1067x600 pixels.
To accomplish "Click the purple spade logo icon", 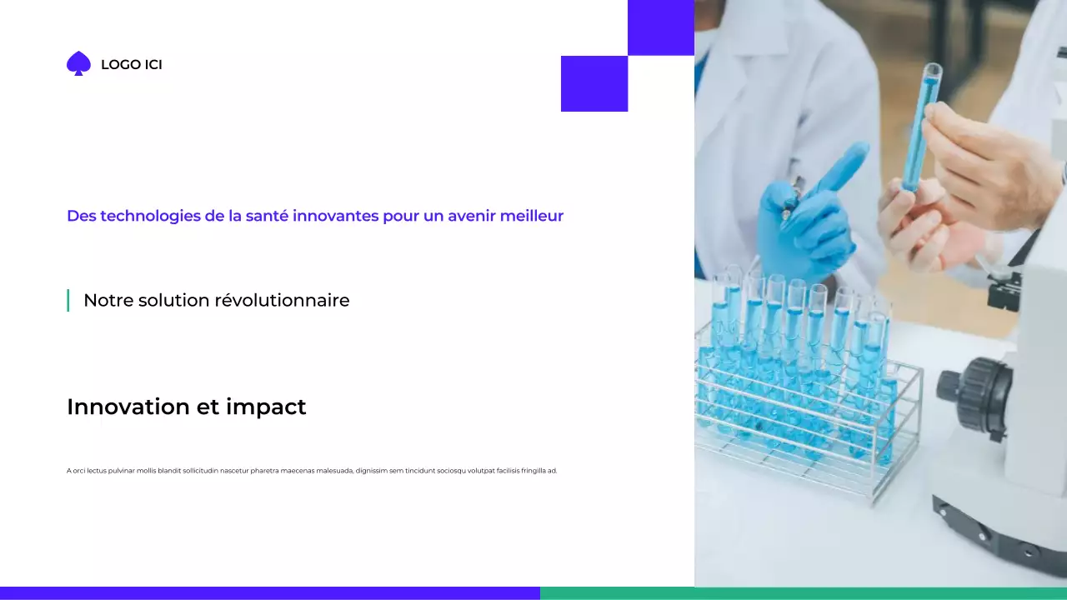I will pos(78,63).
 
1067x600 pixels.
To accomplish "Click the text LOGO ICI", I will pos(131,65).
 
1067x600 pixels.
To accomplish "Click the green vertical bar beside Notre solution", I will pos(68,300).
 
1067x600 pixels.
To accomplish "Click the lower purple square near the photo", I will pos(594,83).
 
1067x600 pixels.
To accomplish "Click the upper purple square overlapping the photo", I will pos(660,27).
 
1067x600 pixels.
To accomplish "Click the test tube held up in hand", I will pos(920,125).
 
